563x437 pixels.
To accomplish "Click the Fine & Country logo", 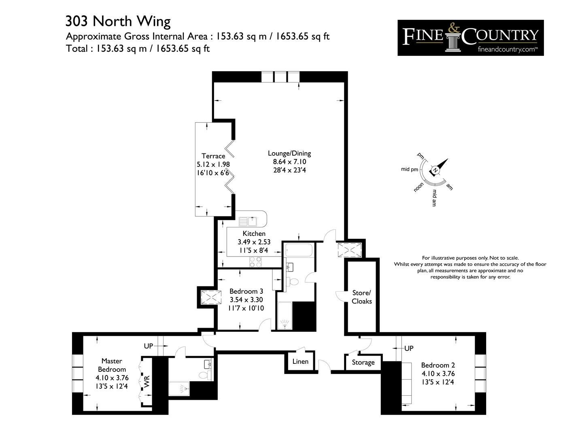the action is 470,38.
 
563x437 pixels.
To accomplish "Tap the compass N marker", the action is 436,170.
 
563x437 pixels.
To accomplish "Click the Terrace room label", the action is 213,156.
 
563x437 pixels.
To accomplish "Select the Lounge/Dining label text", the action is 289,153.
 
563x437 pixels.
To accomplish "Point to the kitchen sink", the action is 248,222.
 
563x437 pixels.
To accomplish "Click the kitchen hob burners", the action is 255,262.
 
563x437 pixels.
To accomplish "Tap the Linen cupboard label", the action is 300,361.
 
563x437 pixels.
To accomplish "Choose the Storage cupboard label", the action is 363,363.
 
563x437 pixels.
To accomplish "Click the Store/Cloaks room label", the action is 362,297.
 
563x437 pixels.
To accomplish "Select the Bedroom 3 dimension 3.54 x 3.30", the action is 246,299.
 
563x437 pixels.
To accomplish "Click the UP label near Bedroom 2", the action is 409,348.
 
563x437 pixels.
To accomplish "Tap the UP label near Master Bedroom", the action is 149,346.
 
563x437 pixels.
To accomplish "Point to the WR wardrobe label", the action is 147,382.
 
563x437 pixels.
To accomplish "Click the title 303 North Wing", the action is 118,21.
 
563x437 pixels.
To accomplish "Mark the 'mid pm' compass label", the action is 409,169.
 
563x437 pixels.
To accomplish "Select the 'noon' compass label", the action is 419,187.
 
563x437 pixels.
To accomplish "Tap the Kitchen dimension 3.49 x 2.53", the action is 254,242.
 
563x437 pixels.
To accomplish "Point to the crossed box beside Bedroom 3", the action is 211,297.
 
